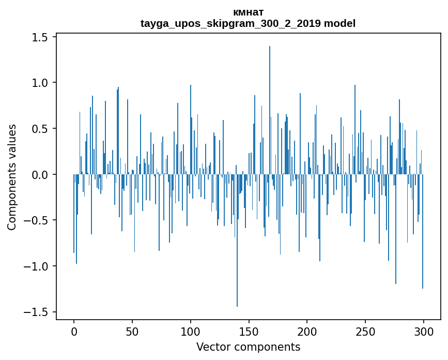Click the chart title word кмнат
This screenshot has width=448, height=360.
(x=248, y=12)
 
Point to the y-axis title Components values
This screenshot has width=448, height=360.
(x=12, y=177)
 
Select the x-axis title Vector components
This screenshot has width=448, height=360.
(x=248, y=347)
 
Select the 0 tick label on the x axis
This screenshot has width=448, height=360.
(x=74, y=331)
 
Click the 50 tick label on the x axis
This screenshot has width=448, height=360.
(x=132, y=331)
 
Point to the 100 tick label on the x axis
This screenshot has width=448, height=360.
(x=191, y=331)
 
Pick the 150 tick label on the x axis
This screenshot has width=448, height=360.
(x=249, y=331)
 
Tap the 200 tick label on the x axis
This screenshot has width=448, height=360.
(x=307, y=331)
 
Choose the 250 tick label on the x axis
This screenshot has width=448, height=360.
(x=365, y=331)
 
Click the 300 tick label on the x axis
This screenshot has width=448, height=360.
(x=424, y=331)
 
